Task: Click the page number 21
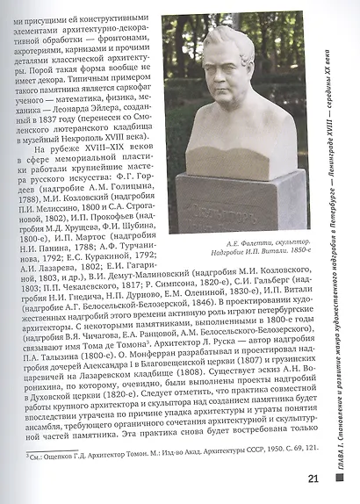(313, 479)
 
